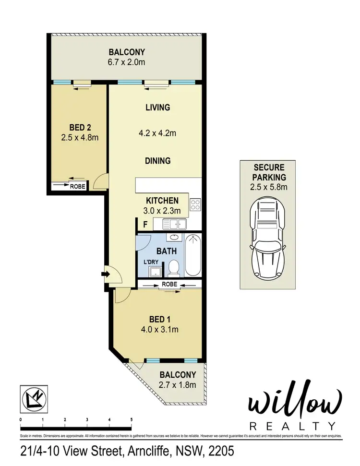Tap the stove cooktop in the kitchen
[x=195, y=205]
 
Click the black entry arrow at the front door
[x=105, y=275]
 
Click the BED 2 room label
[x=80, y=128]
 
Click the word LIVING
[x=158, y=108]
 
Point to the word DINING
[x=158, y=161]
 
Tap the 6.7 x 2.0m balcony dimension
[x=126, y=62]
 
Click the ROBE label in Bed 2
[x=77, y=187]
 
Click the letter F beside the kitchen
[x=144, y=224]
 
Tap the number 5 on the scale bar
[x=132, y=419]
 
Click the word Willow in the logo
[x=295, y=404]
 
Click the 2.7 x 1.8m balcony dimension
[x=178, y=384]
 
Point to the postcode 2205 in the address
[x=215, y=452]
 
